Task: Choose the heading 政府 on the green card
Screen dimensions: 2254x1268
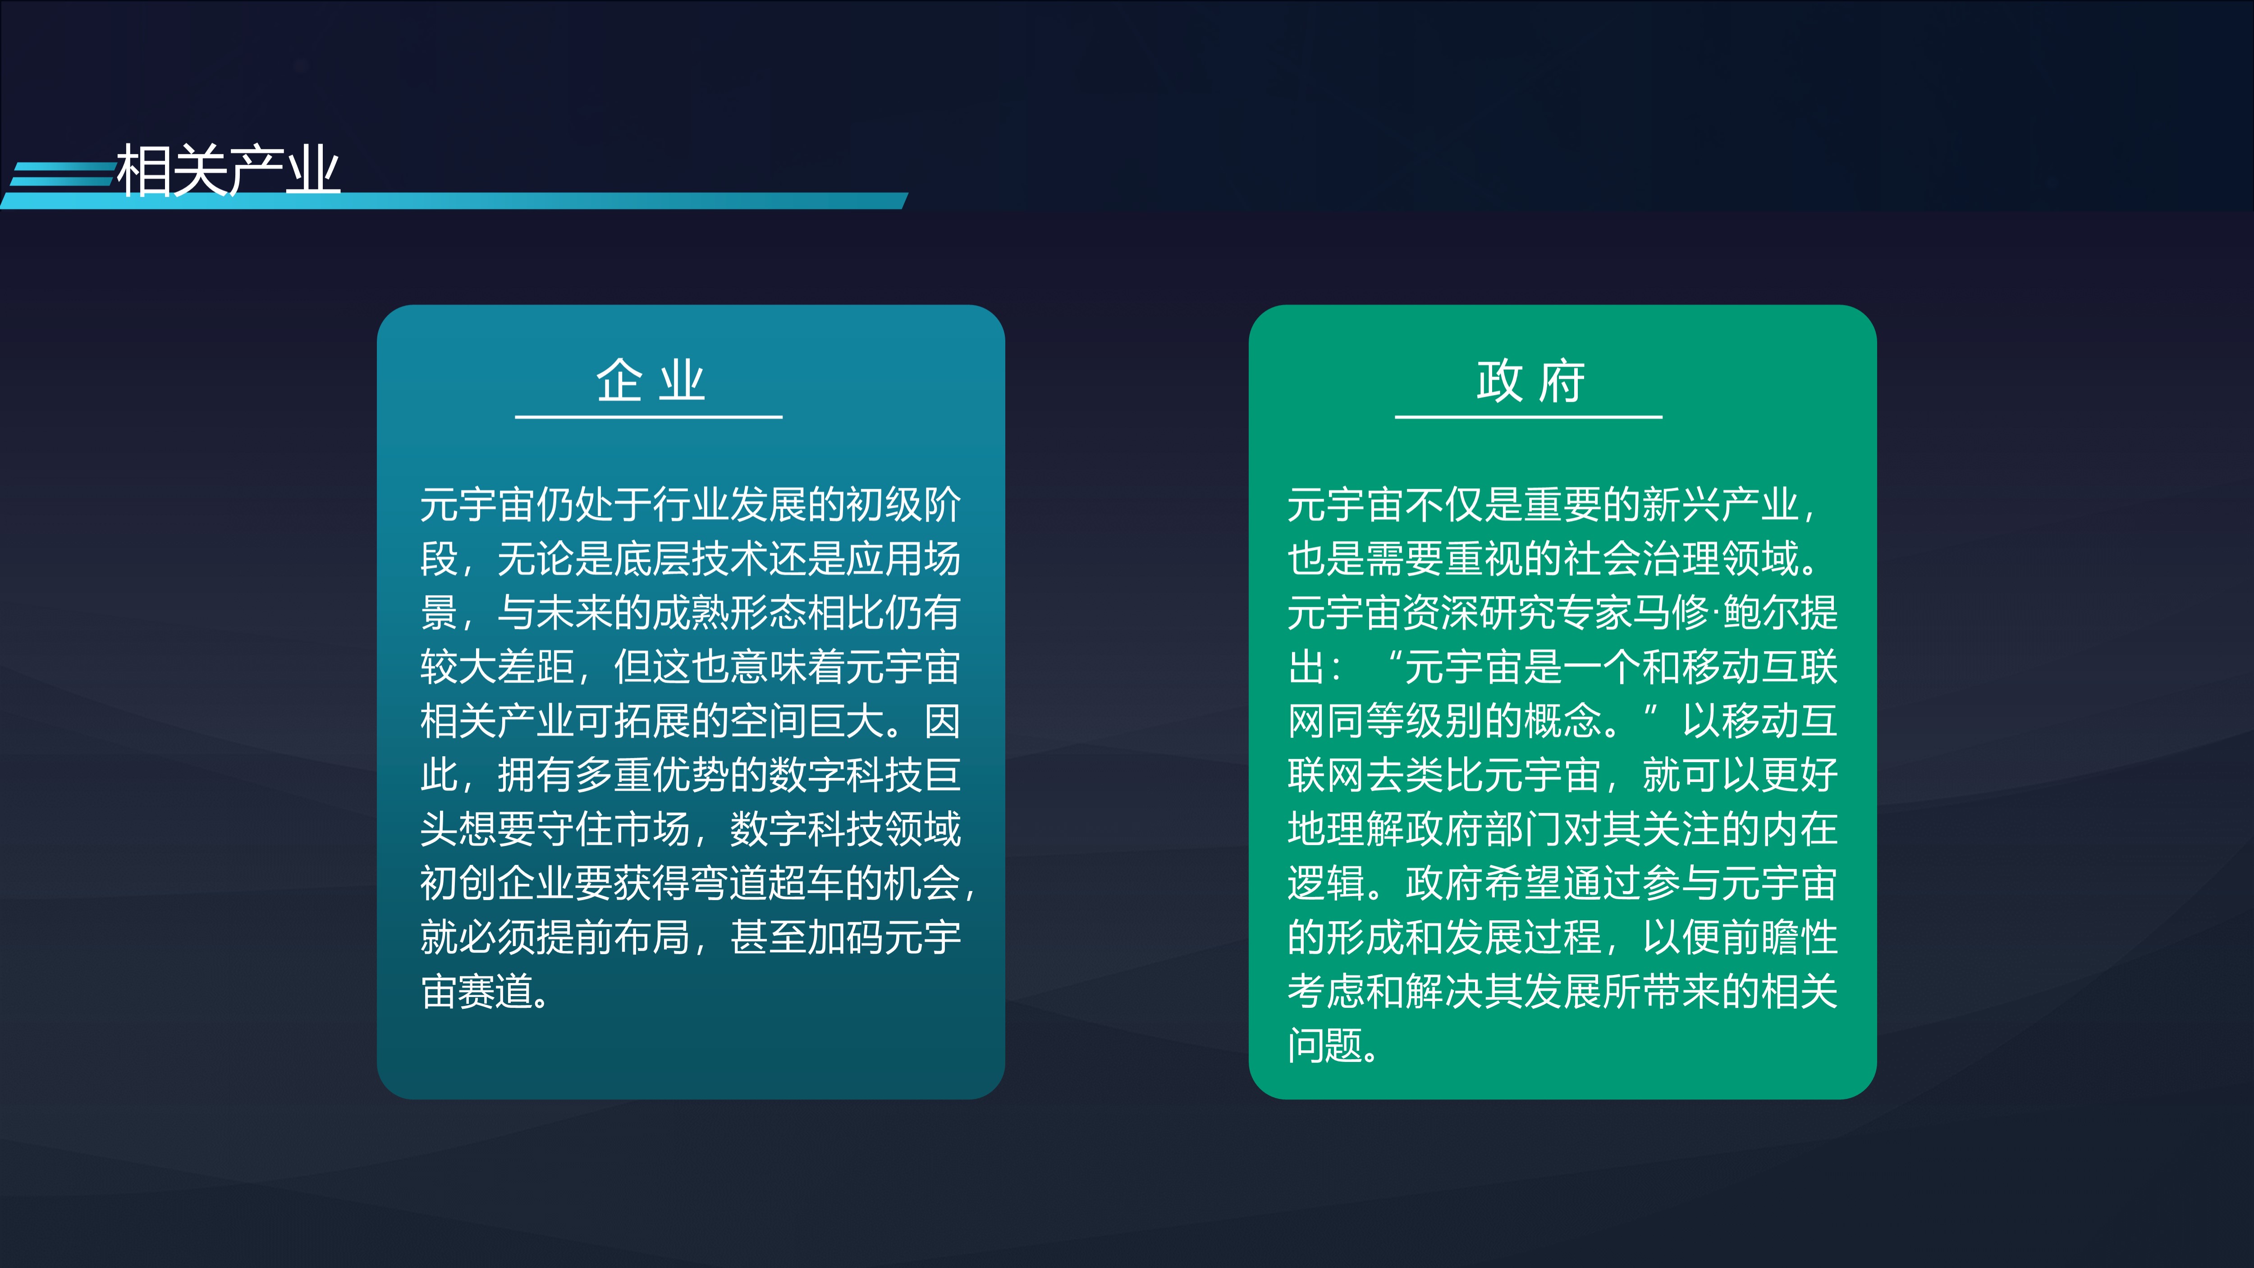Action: click(x=1530, y=381)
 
